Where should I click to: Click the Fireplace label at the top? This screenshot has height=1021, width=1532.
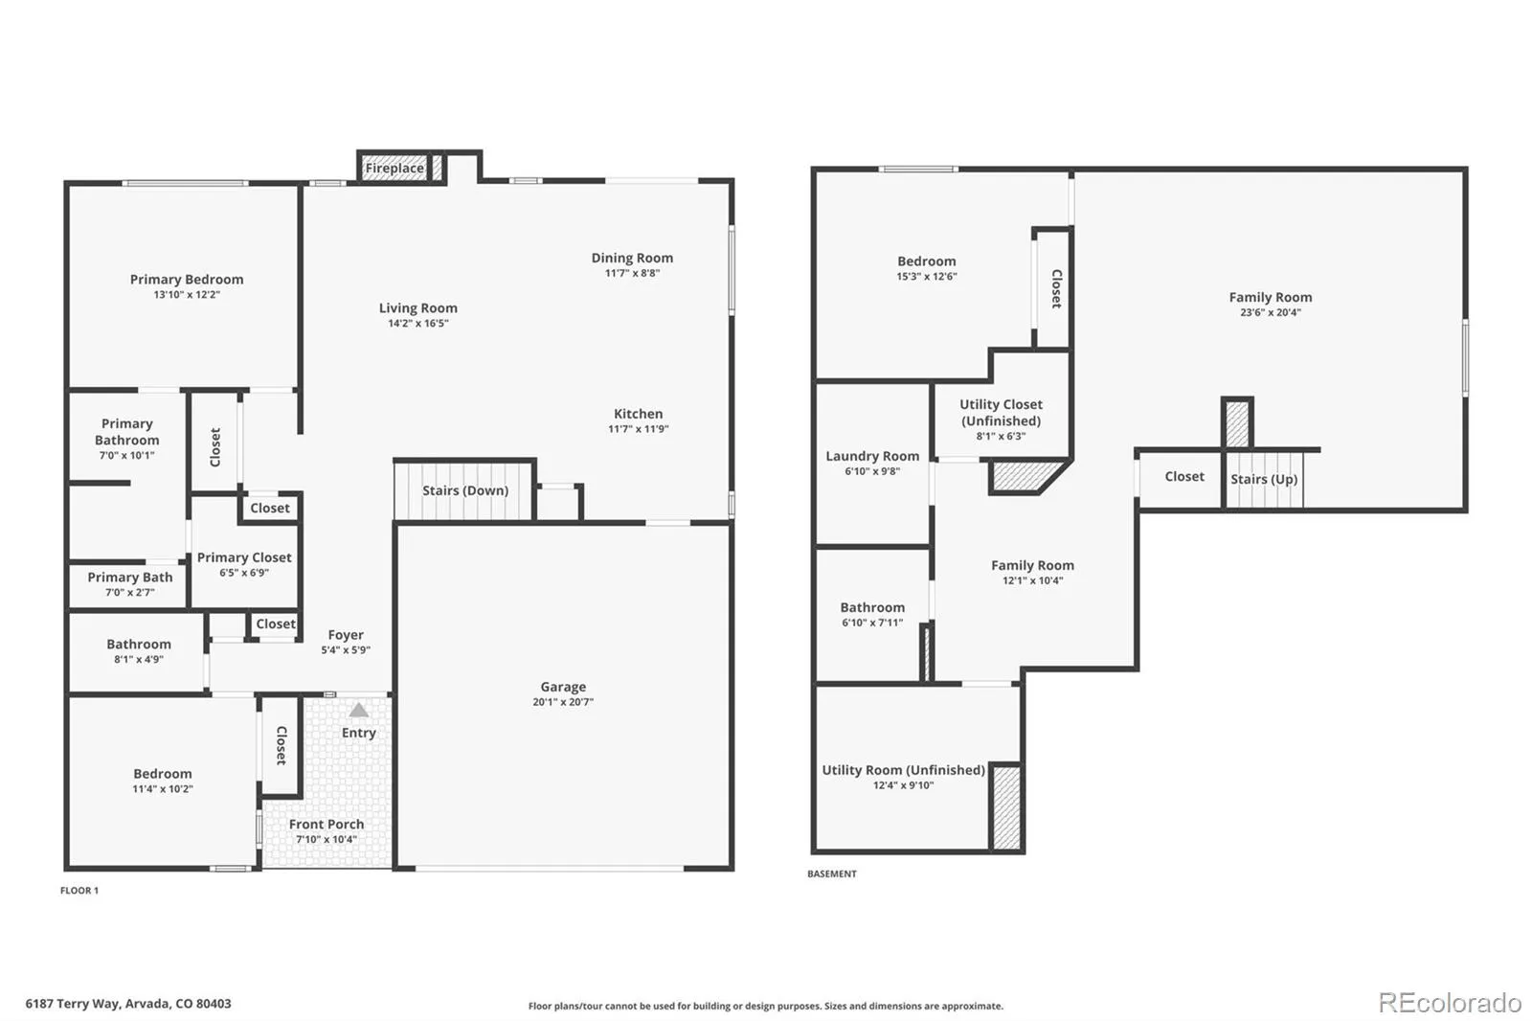394,169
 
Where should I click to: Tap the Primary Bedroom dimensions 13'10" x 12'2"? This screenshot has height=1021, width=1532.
187,295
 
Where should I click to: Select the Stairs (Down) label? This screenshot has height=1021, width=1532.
465,490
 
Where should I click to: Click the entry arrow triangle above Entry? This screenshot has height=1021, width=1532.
358,711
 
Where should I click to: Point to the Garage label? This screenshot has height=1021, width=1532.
563,687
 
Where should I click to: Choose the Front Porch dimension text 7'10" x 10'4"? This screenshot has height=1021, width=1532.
327,840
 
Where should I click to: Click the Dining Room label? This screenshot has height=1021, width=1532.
632,258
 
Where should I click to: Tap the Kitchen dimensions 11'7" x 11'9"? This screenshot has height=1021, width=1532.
639,429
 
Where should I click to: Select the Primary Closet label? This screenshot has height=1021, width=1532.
244,557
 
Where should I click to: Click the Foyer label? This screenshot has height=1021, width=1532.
346,635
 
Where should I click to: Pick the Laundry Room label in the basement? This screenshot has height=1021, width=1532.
872,456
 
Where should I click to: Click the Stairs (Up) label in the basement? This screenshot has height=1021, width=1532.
1264,479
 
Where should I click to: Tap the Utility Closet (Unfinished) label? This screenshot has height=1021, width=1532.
1001,413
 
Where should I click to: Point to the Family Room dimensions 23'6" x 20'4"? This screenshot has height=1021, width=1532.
1271,312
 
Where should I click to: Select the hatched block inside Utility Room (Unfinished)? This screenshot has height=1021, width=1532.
1005,806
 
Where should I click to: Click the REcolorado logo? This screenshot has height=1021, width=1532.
1449,1003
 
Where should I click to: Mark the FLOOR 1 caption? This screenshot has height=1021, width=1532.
79,891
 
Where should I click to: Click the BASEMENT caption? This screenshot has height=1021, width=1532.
832,874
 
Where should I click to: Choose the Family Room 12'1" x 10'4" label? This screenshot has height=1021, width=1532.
1032,565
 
